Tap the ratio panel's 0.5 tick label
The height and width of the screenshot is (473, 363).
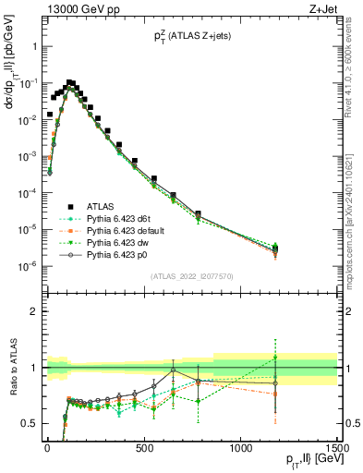(29, 423)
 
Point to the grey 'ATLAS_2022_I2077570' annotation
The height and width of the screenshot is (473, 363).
(191, 276)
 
